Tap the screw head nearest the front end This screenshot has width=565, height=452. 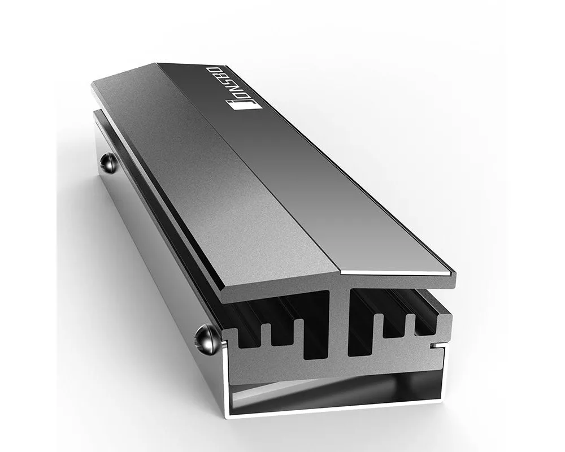coord(203,339)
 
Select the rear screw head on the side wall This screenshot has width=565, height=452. coord(108,163)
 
